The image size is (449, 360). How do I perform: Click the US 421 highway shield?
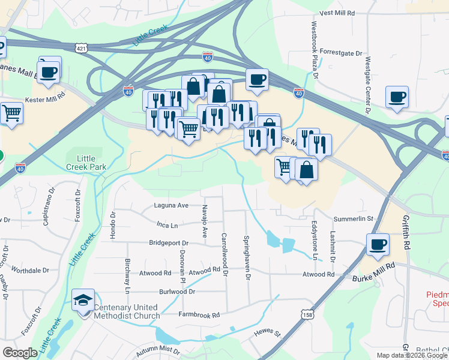(83, 47)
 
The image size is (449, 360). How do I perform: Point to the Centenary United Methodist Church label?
(127, 311)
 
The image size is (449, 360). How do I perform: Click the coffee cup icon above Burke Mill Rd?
(378, 245)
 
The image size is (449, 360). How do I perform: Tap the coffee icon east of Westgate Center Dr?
(397, 97)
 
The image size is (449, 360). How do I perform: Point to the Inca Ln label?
(167, 226)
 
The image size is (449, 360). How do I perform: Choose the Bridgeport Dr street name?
(169, 244)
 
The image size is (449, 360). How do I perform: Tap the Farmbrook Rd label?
(199, 314)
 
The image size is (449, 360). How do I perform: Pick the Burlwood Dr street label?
(177, 292)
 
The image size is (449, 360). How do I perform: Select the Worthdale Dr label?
(29, 271)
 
